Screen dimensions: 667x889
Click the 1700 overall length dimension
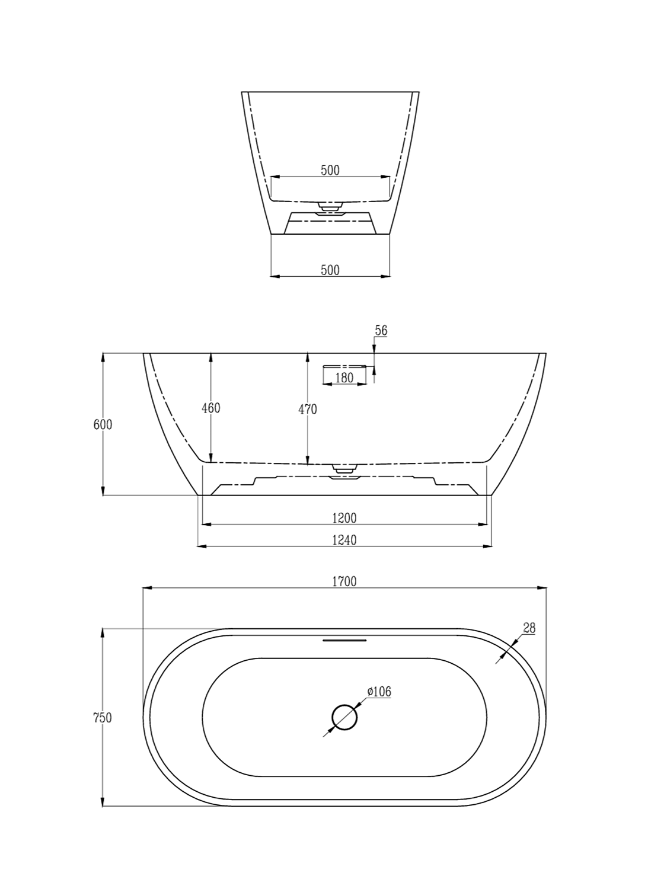(x=344, y=581)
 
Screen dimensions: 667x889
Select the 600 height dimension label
(x=103, y=424)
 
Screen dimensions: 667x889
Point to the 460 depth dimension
(x=211, y=408)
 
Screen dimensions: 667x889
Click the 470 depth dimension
(x=308, y=410)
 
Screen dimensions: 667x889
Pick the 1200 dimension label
(x=344, y=517)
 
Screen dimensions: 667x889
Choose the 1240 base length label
(x=344, y=540)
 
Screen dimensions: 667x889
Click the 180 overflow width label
(x=344, y=378)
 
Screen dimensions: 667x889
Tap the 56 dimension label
(x=381, y=331)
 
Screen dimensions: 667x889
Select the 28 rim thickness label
(x=529, y=628)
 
